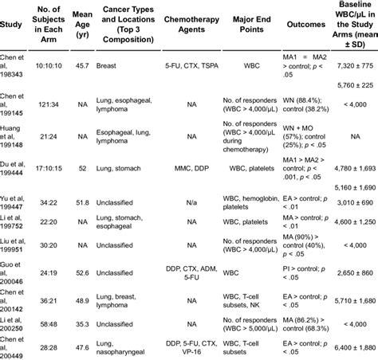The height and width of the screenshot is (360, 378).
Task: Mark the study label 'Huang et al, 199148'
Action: pos(18,136)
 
